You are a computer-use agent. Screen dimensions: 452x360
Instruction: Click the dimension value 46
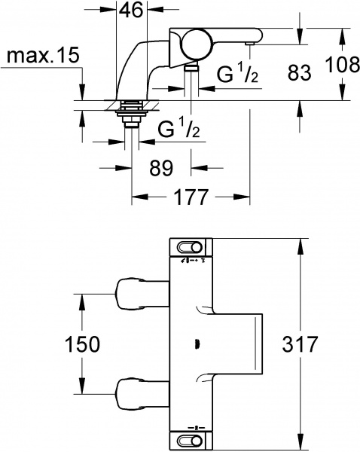[x=133, y=12]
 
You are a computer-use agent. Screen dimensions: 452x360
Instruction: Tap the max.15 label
[x=39, y=57]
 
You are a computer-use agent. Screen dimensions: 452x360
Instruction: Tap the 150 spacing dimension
[x=81, y=344]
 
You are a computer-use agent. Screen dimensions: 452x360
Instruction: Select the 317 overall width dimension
[x=301, y=344]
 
